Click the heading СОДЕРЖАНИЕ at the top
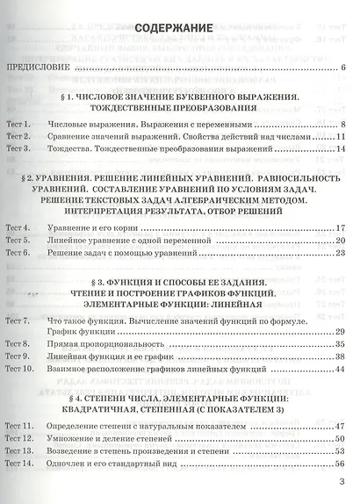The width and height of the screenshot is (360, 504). [x=173, y=29]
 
